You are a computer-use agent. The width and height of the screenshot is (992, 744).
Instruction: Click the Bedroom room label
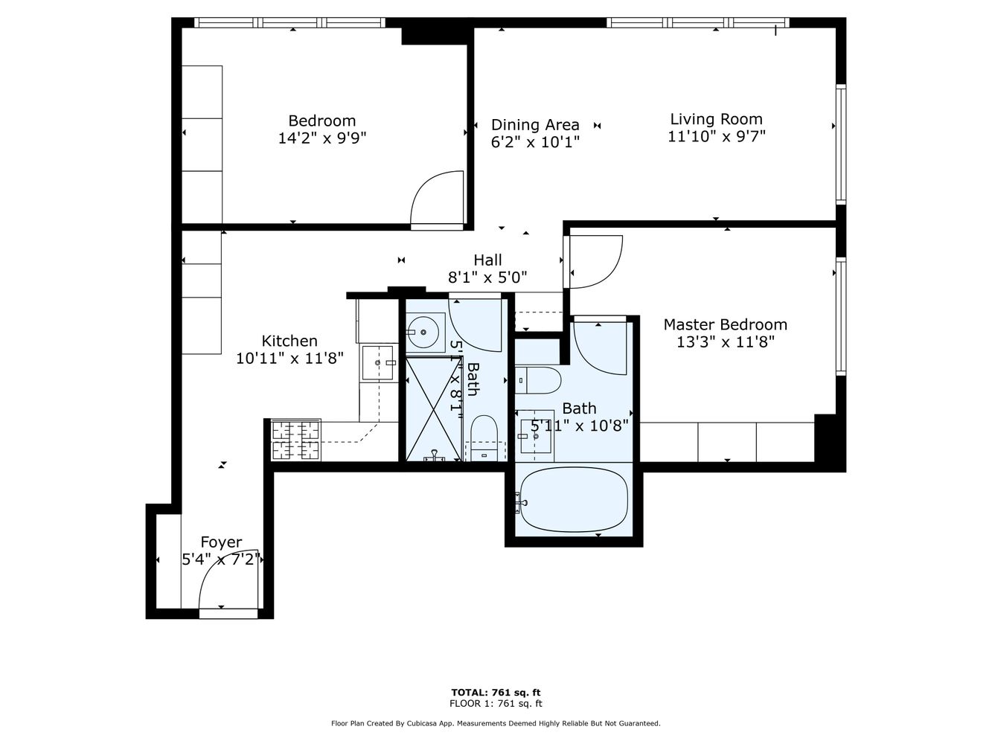pos(321,121)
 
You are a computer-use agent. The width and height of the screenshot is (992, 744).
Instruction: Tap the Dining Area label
pos(534,125)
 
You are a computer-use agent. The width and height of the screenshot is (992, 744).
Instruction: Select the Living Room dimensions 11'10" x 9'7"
pos(716,136)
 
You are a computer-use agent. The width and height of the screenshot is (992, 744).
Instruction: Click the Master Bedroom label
pos(725,324)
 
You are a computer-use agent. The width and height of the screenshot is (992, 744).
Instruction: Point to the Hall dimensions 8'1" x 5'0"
pos(487,278)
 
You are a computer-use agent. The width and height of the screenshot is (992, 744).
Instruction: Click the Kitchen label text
pos(289,341)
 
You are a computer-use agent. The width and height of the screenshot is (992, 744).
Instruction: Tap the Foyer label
pos(221,542)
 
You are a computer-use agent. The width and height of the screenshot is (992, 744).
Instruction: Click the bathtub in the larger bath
pos(573,499)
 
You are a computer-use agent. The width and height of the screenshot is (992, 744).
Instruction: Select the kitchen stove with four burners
pos(296,440)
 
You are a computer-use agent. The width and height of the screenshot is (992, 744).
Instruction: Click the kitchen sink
pos(378,362)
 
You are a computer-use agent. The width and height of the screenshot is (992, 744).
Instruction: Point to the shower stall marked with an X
pos(431,408)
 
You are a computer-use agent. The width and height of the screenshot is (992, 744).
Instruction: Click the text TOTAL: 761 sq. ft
pos(496,692)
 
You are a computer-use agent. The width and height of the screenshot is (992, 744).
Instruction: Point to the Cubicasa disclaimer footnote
pos(496,723)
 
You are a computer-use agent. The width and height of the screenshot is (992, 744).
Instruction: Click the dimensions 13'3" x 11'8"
pos(725,342)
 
